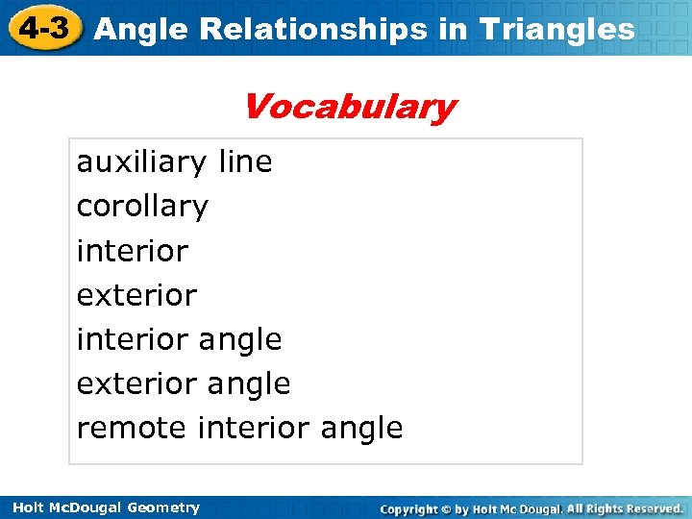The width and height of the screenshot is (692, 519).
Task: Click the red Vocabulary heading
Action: tap(349, 107)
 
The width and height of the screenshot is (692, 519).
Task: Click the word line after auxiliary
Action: tap(246, 162)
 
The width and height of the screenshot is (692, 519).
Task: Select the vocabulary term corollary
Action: tap(142, 207)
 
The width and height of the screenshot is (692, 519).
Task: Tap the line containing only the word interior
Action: tap(133, 251)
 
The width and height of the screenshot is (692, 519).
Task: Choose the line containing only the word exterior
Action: tap(136, 295)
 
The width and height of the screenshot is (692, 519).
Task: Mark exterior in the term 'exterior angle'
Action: tap(136, 383)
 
